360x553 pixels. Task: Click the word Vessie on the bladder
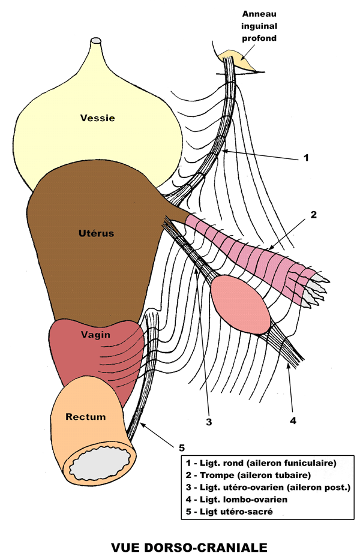click(x=97, y=118)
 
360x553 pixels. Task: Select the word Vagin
click(x=95, y=334)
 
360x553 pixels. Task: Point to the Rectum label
click(x=86, y=417)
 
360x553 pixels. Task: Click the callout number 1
click(x=305, y=158)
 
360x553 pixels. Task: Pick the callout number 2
click(x=313, y=214)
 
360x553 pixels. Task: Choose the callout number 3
click(x=209, y=422)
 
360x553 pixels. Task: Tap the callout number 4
click(x=293, y=421)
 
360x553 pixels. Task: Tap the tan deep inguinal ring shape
click(x=236, y=60)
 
